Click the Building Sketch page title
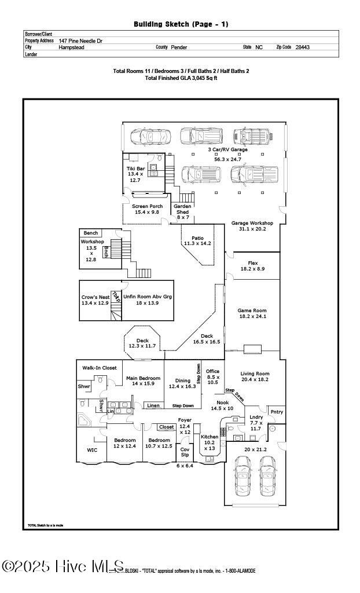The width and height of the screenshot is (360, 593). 181,24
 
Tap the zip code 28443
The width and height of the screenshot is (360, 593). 302,47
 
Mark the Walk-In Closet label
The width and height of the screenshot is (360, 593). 100,368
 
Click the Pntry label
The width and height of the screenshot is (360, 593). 277,412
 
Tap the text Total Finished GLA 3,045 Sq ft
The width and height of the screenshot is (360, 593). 181,78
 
